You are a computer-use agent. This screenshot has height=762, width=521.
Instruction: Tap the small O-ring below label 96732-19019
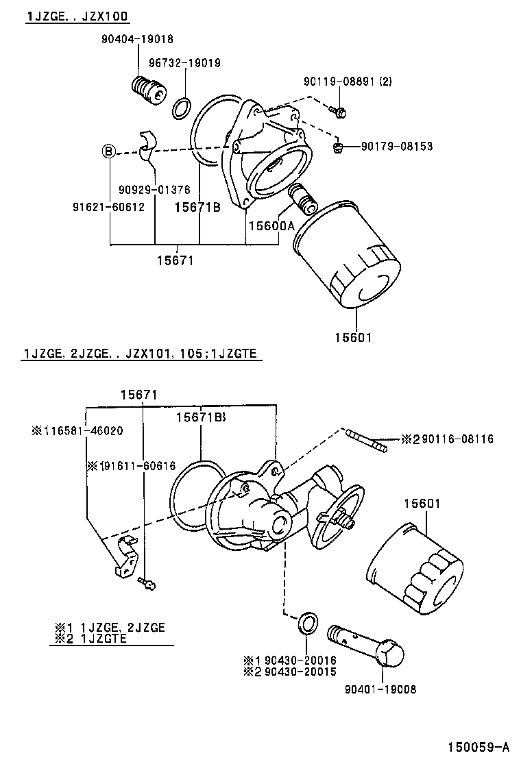182,107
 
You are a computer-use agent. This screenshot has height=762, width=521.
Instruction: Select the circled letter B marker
109,151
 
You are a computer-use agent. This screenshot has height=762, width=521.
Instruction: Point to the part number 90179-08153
398,147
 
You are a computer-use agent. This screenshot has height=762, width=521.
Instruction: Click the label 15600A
271,225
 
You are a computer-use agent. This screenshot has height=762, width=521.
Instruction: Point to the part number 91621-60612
108,206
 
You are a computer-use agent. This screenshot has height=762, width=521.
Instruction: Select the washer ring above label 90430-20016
307,624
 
